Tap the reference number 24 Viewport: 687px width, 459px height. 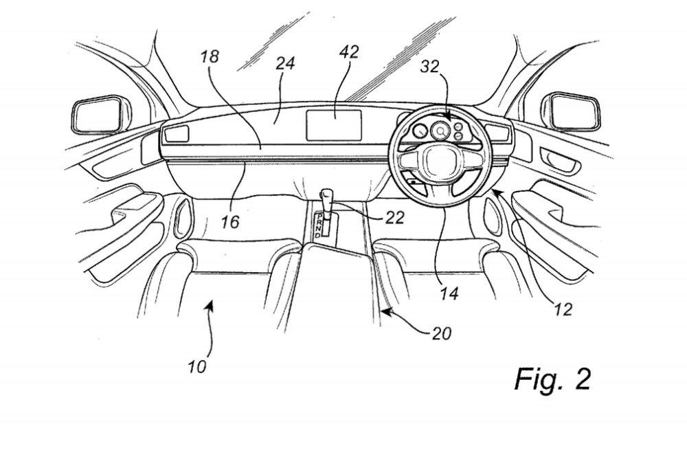[x=285, y=64]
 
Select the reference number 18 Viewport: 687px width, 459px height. [x=211, y=56]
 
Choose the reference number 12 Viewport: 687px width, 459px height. [x=563, y=309]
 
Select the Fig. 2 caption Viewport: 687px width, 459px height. [x=552, y=379]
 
